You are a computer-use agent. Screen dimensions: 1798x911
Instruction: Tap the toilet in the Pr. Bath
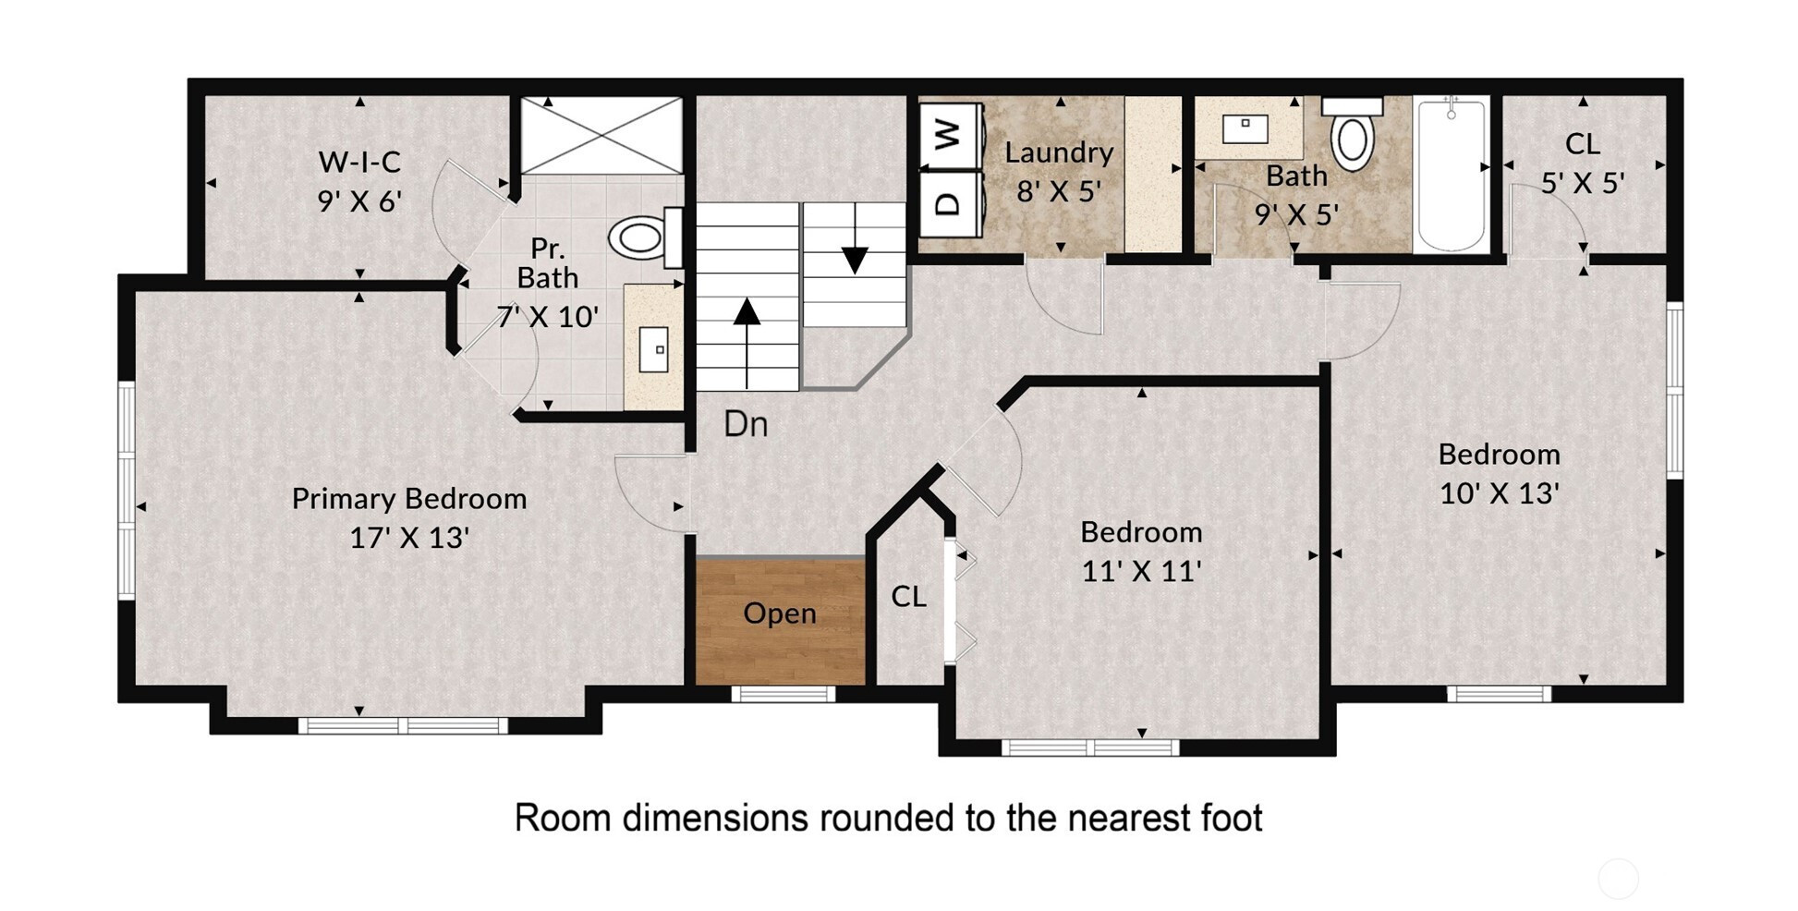coord(645,237)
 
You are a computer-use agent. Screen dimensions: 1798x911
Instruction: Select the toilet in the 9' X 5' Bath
coord(1353,133)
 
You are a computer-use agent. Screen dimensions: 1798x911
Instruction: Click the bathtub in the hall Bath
coord(1451,174)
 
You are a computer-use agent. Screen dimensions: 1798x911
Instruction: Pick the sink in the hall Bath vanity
coord(1245,128)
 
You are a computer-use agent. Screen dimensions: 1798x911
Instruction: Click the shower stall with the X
coord(601,135)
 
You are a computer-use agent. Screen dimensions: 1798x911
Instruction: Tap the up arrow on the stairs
coord(747,343)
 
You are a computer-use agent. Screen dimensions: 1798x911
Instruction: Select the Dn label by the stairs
coord(746,423)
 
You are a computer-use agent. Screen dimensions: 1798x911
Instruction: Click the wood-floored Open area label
coord(780,613)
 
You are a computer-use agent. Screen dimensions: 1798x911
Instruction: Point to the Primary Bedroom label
coord(409,499)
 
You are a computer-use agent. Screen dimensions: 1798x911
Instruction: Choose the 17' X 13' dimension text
coord(409,537)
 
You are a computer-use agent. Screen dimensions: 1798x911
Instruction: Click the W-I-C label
coord(359,162)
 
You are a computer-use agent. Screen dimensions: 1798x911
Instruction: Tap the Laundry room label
coord(1059,152)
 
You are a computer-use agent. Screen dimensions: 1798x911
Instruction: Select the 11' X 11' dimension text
coord(1141,571)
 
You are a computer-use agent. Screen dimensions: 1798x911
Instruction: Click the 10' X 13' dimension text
coord(1500,493)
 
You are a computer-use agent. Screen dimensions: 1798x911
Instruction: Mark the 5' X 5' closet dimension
coord(1583,183)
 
